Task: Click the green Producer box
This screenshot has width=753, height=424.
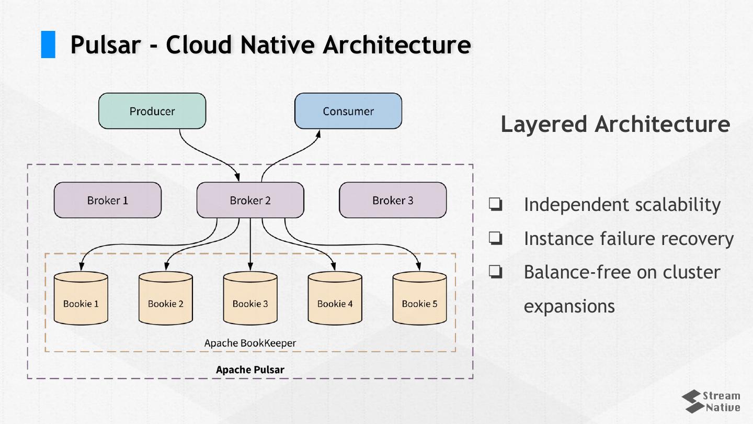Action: point(152,111)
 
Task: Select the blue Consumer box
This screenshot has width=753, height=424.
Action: point(348,111)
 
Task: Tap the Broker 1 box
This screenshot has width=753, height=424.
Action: point(108,200)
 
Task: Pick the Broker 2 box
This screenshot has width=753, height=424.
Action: point(250,200)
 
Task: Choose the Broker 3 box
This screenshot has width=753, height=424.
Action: point(393,200)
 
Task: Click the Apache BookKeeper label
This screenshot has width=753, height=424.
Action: point(250,343)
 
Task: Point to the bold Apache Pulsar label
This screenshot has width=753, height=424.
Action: point(250,370)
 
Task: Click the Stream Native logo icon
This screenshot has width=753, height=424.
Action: point(692,401)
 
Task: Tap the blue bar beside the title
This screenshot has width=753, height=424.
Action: point(48,44)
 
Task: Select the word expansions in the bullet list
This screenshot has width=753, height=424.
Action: point(569,306)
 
